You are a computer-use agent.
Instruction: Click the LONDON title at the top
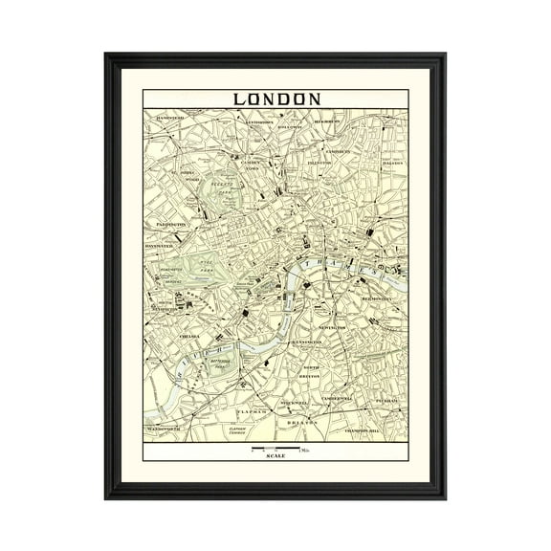(x=275, y=99)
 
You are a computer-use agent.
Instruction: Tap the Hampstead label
(x=165, y=116)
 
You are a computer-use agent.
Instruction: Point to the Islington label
(x=319, y=165)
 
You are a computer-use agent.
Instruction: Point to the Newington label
(x=333, y=327)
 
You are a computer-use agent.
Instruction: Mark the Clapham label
(x=251, y=409)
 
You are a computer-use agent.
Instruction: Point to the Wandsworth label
(x=165, y=429)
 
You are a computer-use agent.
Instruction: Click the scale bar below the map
(x=275, y=448)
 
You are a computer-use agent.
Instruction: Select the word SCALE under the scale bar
(x=275, y=456)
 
